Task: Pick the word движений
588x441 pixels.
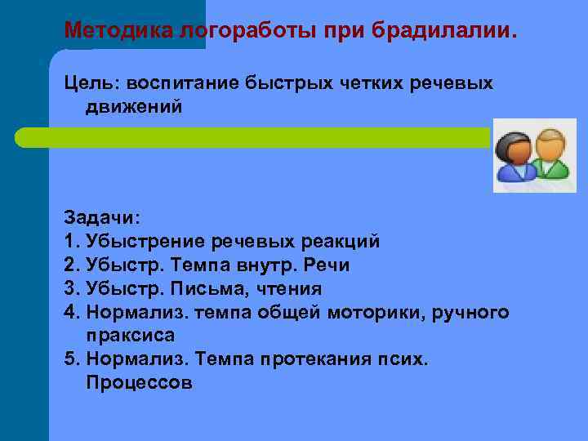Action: [133, 108]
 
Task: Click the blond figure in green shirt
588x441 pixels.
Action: [551, 155]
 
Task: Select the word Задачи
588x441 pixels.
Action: [102, 218]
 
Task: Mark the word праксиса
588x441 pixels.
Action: [129, 336]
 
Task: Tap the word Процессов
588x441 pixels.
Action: [139, 383]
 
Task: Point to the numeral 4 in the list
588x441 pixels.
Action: [69, 312]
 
